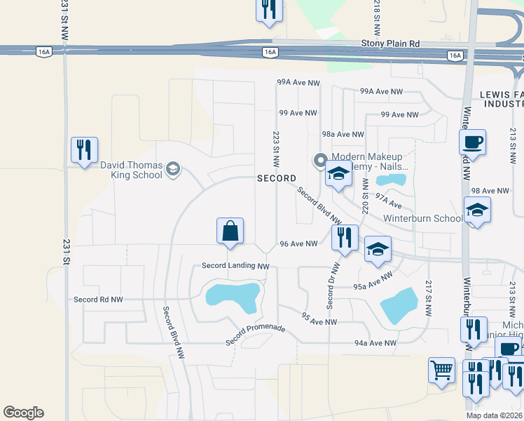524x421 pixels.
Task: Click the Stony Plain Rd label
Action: [390, 44]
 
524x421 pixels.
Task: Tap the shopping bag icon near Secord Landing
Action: [230, 231]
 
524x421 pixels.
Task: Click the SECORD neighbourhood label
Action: [276, 178]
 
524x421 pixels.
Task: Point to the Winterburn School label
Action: [422, 218]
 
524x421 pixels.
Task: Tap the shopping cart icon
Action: [441, 370]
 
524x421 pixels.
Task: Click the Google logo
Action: [23, 413]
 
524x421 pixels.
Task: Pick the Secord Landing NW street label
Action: [235, 266]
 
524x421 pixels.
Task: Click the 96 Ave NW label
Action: [299, 243]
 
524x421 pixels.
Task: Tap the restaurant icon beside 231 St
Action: [84, 149]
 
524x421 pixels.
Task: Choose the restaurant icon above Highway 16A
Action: [269, 10]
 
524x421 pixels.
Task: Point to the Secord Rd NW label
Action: [98, 300]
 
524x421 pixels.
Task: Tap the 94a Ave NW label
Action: [375, 343]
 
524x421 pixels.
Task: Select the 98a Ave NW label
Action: [343, 134]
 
